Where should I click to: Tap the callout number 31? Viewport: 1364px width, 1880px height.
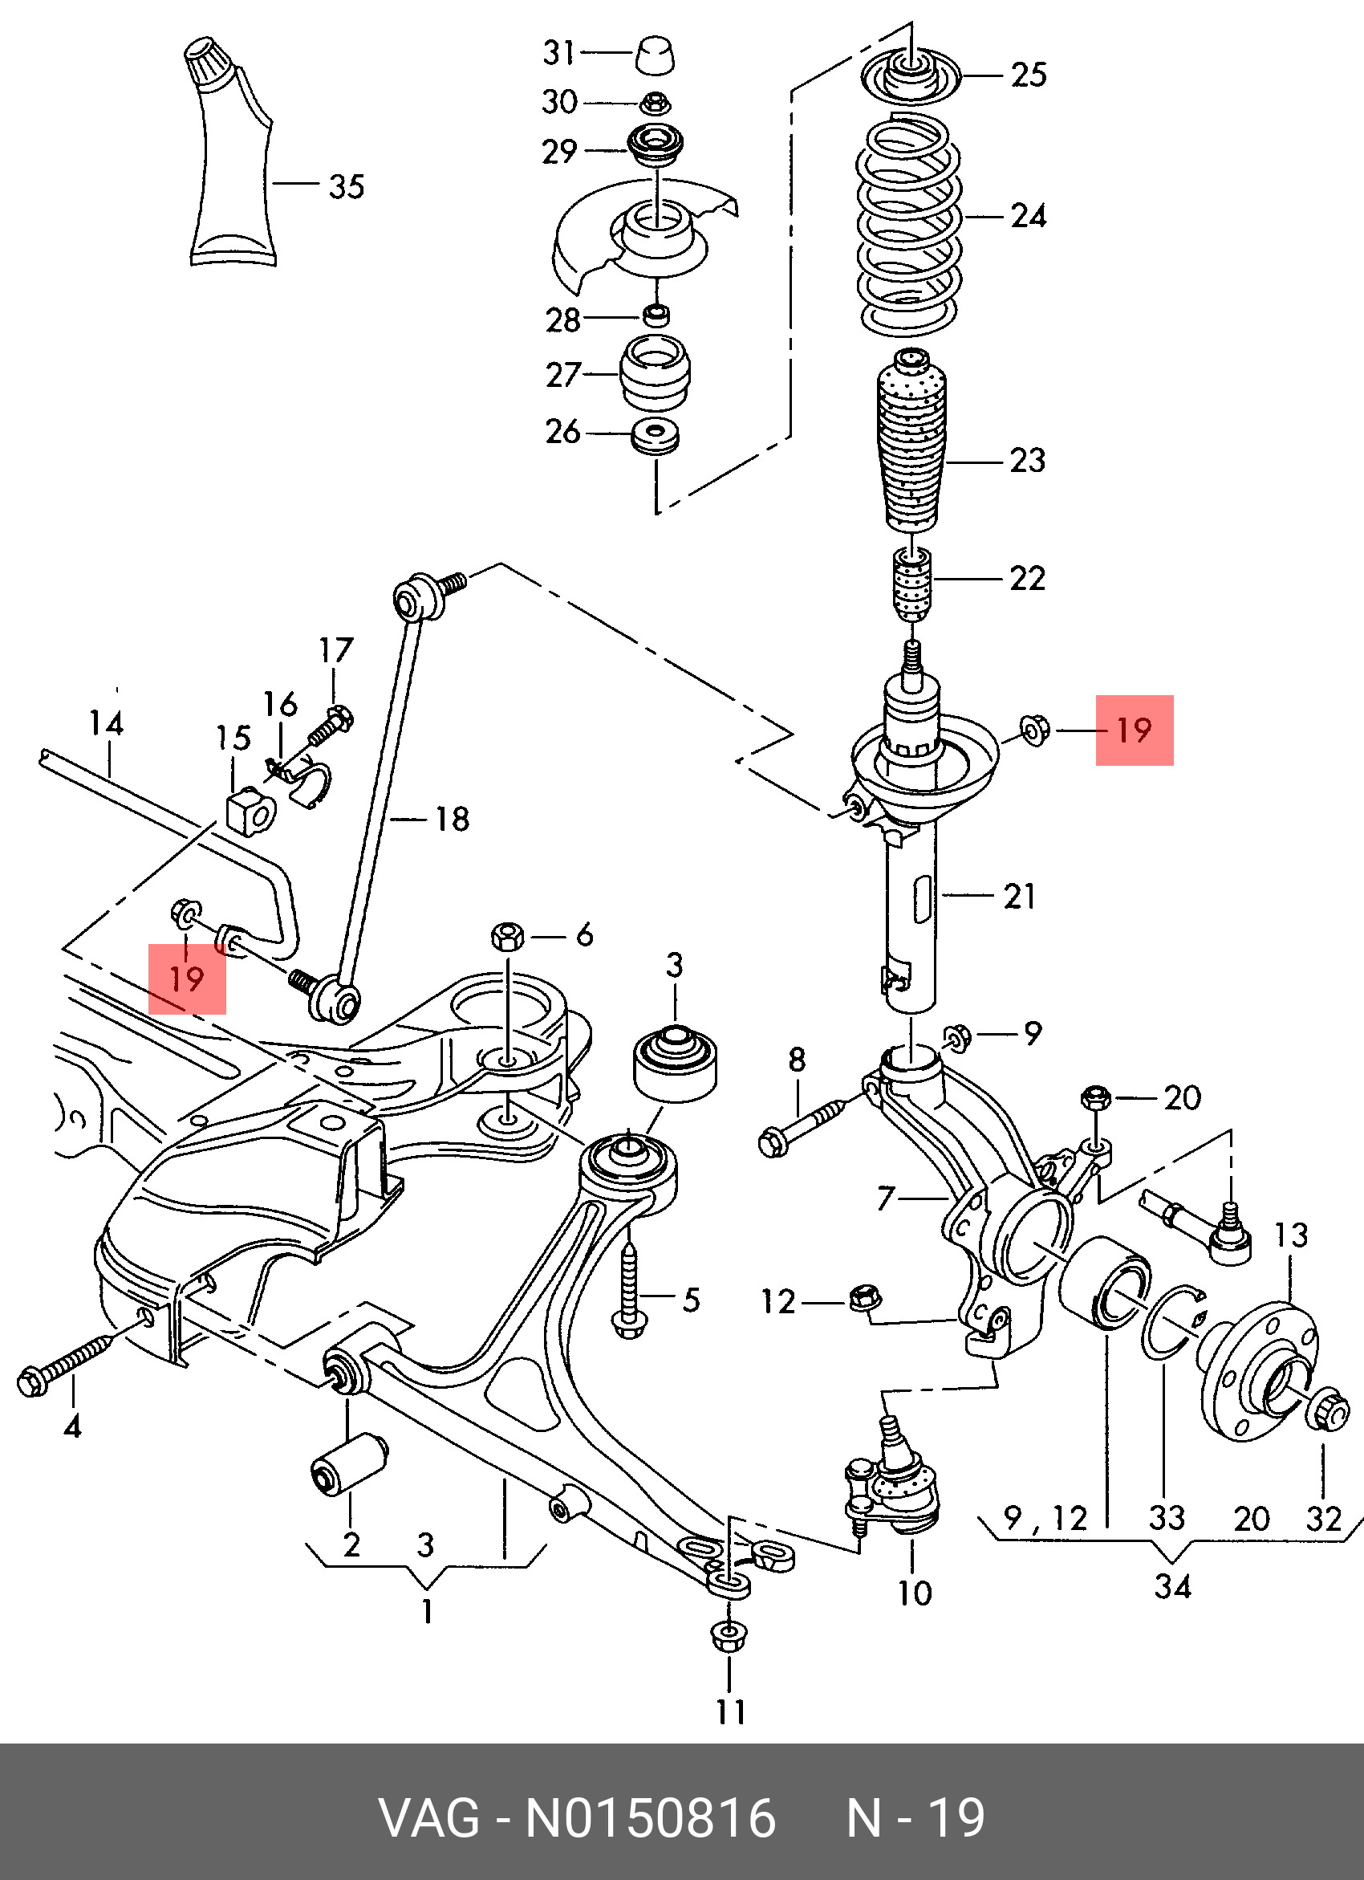coord(559,53)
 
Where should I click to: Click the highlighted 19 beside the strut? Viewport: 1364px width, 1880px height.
coord(1134,730)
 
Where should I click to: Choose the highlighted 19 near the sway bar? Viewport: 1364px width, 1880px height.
coord(186,979)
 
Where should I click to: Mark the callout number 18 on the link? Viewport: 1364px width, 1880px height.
coord(453,820)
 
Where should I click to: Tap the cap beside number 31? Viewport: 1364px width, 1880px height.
coord(655,55)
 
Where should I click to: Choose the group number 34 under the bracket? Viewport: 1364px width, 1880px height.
coord(1171,1586)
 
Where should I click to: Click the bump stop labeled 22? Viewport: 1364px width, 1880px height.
coord(912,584)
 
